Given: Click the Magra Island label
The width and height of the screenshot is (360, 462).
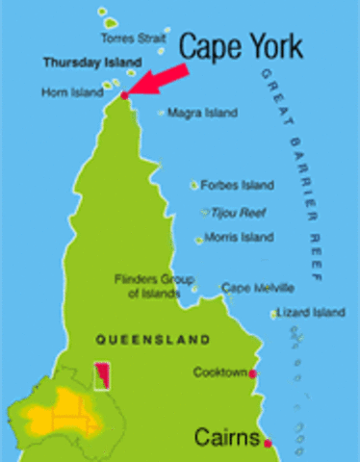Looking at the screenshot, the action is coord(202,113).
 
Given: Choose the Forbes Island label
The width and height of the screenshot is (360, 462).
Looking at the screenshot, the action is coord(235,184).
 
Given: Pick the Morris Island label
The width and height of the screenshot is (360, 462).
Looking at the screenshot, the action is coord(239,237).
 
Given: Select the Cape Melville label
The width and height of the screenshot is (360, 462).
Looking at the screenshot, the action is coord(258,288).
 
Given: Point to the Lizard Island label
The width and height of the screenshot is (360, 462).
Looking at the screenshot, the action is coord(311,312).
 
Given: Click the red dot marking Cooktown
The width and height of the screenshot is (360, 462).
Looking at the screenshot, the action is coord(252,373).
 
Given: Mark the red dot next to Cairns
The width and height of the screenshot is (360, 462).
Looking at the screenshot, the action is coord(268,443).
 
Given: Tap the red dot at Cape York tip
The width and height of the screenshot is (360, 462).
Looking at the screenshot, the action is coord(124,94).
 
